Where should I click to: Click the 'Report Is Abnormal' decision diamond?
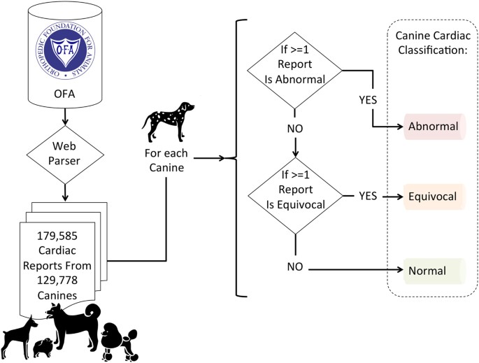tap(296, 71)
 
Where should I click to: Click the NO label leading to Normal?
tap(296, 267)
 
